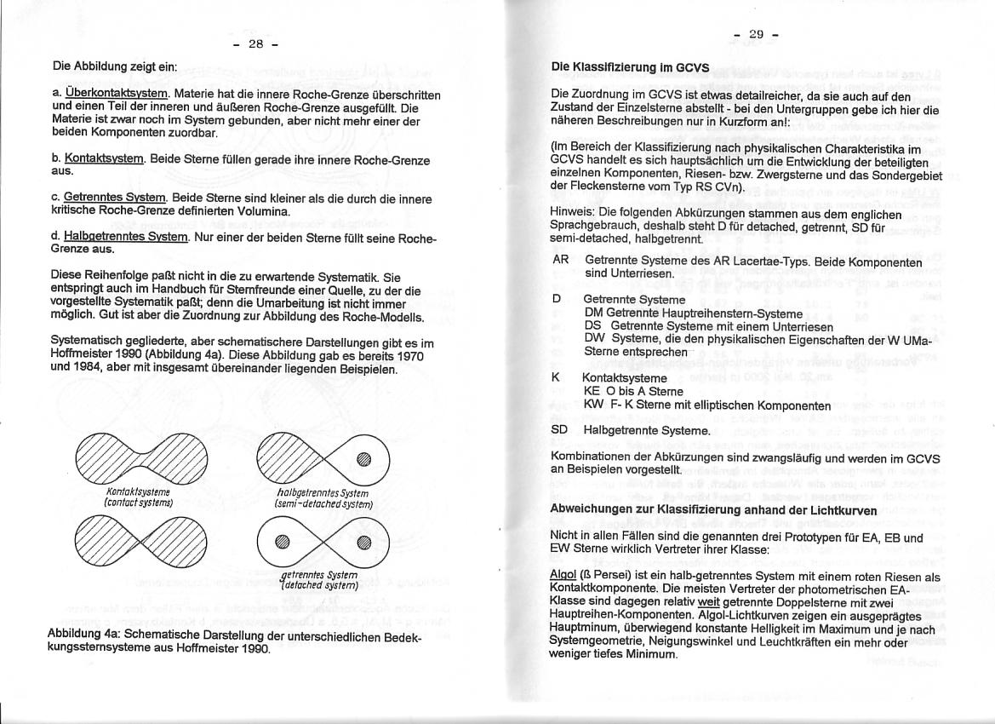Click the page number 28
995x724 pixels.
(255, 44)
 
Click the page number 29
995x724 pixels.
(756, 34)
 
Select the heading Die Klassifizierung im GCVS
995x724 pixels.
(631, 66)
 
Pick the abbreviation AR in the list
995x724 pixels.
(560, 261)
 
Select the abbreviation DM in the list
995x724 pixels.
(593, 313)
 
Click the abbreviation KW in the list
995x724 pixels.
(593, 405)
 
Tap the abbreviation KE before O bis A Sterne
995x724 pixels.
(592, 391)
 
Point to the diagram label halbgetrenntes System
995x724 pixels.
(323, 492)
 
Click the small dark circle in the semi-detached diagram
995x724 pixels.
(364, 460)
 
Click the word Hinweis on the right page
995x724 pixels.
(574, 214)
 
